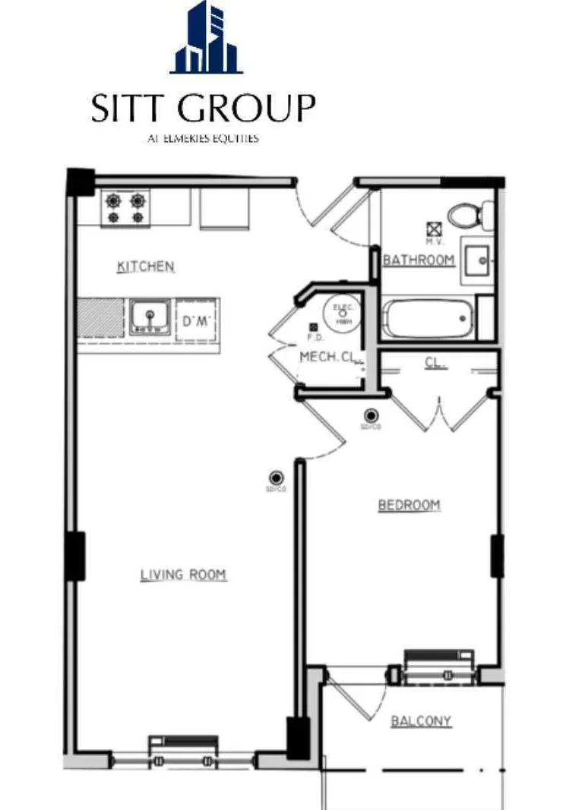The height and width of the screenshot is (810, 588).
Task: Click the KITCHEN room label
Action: (x=145, y=266)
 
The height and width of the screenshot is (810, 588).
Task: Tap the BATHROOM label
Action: (x=419, y=260)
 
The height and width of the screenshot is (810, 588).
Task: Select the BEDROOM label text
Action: (x=409, y=505)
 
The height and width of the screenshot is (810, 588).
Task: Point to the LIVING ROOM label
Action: (x=183, y=575)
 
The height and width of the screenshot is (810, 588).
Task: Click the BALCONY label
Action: (x=421, y=720)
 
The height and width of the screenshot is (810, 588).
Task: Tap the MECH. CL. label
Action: (x=327, y=357)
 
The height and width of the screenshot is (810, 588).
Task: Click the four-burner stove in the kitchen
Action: (x=126, y=208)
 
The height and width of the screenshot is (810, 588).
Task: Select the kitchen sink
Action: (x=148, y=317)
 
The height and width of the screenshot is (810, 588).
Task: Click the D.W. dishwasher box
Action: (x=197, y=321)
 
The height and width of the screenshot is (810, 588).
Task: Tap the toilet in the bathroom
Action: (x=470, y=215)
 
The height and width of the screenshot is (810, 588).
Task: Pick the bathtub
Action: (x=428, y=319)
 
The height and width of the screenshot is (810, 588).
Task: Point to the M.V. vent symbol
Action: (x=435, y=228)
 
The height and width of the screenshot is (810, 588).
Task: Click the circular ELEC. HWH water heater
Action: (x=341, y=312)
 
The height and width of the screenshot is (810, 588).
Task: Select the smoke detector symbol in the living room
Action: (x=276, y=477)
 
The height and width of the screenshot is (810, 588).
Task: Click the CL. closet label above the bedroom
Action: (x=435, y=364)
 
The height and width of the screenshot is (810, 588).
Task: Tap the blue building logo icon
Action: (x=207, y=38)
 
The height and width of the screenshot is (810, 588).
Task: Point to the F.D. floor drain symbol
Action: (x=313, y=326)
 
